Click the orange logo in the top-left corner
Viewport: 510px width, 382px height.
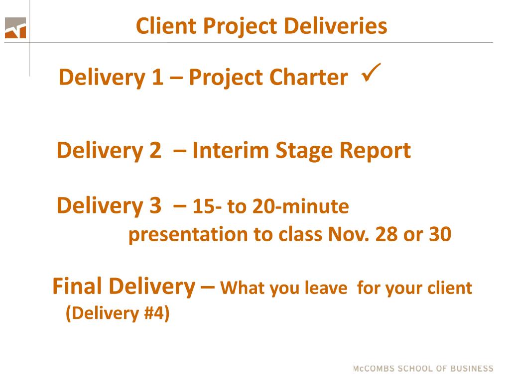pos(15,28)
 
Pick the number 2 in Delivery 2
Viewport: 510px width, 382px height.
pos(155,150)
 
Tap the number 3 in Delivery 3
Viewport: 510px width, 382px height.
pos(155,205)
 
